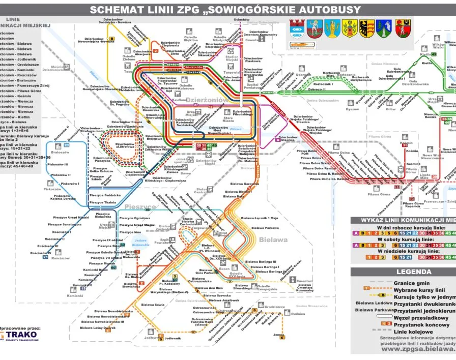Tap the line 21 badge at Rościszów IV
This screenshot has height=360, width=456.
pyautogui.click(x=46, y=257)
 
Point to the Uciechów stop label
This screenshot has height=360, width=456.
pyautogui.click(x=242, y=19)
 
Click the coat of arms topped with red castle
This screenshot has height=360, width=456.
pyautogui.click(x=296, y=28)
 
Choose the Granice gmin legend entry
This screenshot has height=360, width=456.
pyautogui.click(x=411, y=283)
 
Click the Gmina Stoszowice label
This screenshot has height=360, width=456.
pyautogui.click(x=310, y=306)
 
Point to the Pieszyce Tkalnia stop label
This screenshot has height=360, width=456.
pyautogui.click(x=102, y=202)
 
